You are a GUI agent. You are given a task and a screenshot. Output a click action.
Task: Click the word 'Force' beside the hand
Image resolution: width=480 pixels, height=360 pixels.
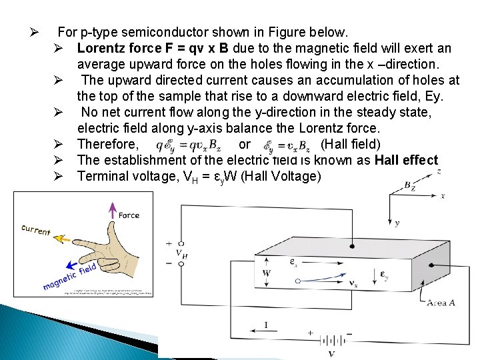click(129, 215)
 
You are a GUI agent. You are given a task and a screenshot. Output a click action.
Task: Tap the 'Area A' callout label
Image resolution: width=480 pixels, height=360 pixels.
click(441, 303)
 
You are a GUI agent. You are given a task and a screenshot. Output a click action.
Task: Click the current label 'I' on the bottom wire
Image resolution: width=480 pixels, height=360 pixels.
click(266, 325)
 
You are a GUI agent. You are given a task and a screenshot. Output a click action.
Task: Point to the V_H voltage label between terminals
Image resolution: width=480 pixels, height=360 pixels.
click(181, 253)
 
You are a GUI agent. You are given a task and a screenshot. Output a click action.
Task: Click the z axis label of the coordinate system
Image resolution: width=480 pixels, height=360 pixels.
click(439, 171)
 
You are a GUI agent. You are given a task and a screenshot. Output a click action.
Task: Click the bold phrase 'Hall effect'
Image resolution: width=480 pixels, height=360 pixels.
click(406, 160)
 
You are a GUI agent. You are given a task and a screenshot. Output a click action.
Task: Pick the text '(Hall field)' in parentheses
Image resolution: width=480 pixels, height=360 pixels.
click(350, 145)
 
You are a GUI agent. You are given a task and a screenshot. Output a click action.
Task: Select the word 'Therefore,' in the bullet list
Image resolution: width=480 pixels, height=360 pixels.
click(108, 145)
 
